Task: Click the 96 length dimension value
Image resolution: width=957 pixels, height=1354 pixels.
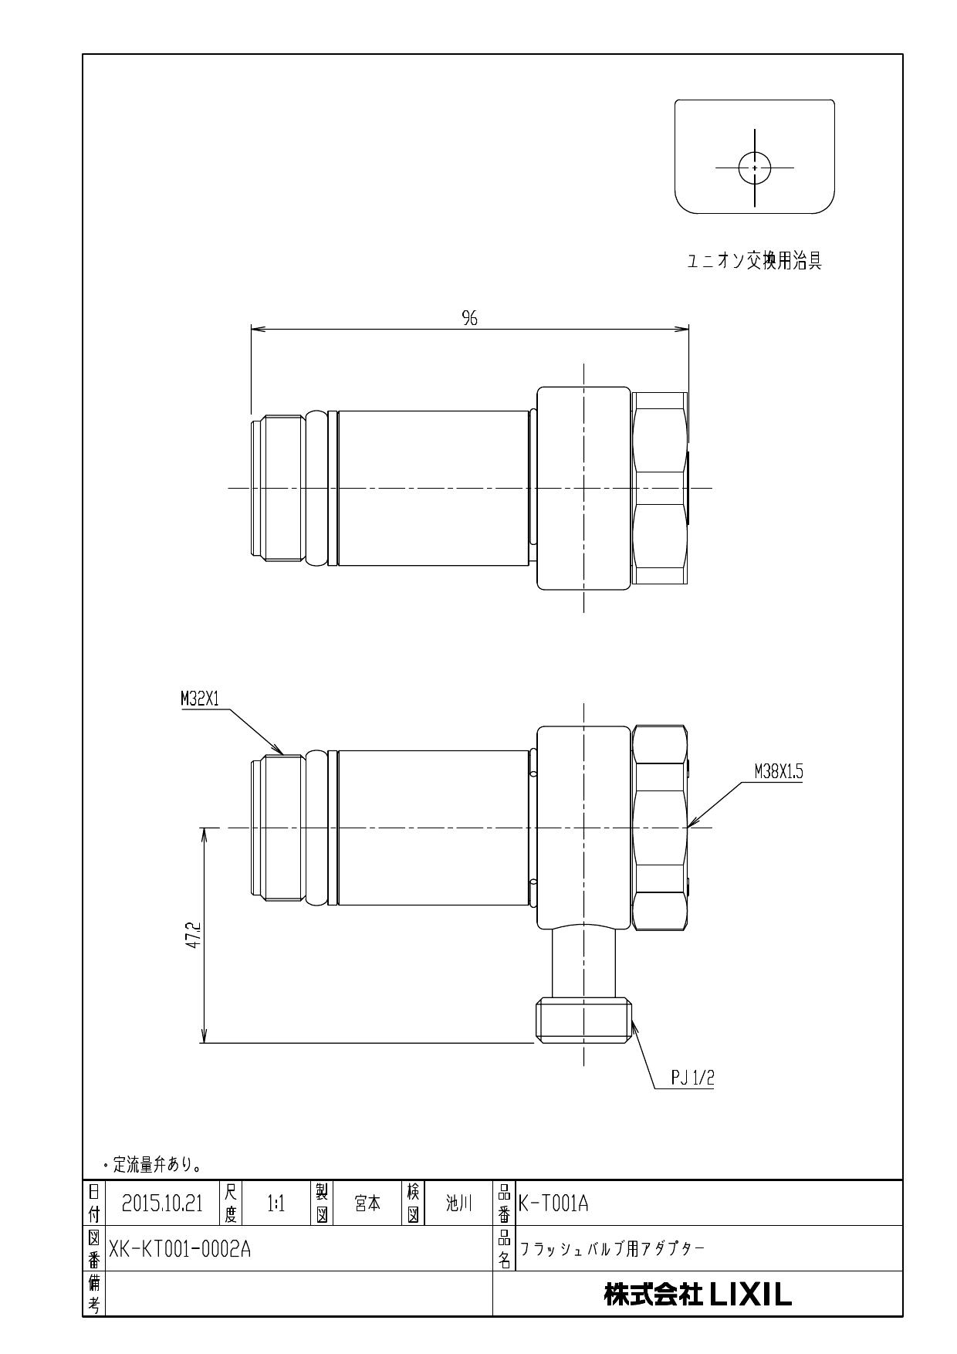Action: pos(469,319)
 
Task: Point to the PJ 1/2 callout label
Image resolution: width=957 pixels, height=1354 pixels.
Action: pos(692,1078)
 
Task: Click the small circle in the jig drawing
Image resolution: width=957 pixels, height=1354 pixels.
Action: pos(755,168)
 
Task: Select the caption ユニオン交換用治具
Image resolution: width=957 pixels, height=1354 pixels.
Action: pos(754,262)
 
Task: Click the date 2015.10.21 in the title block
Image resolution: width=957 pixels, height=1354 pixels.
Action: pos(162,1203)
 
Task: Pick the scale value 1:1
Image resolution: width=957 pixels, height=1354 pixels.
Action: pos(276,1203)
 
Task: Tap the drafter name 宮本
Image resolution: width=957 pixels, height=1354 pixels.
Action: pos(367,1203)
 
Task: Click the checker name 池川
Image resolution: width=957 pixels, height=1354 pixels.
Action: pos(458,1203)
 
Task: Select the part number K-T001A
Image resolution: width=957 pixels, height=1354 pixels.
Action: pos(553,1203)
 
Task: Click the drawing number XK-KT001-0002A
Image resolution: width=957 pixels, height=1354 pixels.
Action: pos(180,1249)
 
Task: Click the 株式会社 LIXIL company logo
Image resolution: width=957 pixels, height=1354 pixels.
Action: pos(698,1295)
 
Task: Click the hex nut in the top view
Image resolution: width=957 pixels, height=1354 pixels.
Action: pos(660,488)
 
